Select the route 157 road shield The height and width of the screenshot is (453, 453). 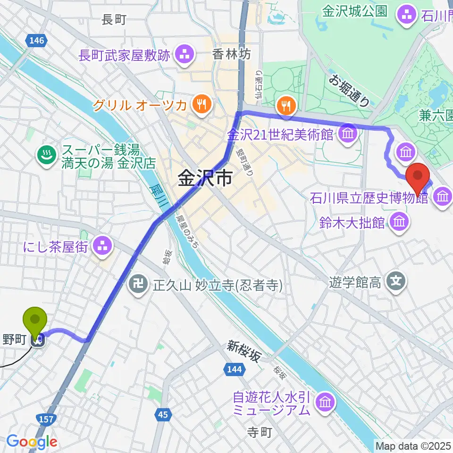pyautogui.click(x=47, y=419)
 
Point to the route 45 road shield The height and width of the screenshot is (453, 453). pyautogui.click(x=163, y=415)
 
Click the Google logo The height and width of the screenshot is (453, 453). pyautogui.click(x=32, y=442)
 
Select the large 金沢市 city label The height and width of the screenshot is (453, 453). pyautogui.click(x=205, y=179)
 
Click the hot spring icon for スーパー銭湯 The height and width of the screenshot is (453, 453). pyautogui.click(x=47, y=159)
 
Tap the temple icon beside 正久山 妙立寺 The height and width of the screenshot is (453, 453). pyautogui.click(x=138, y=285)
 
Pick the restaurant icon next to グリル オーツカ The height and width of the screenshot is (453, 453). pyautogui.click(x=201, y=104)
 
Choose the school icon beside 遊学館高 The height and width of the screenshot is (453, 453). pyautogui.click(x=396, y=282)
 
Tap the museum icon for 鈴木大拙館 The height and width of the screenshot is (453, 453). pyautogui.click(x=399, y=221)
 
